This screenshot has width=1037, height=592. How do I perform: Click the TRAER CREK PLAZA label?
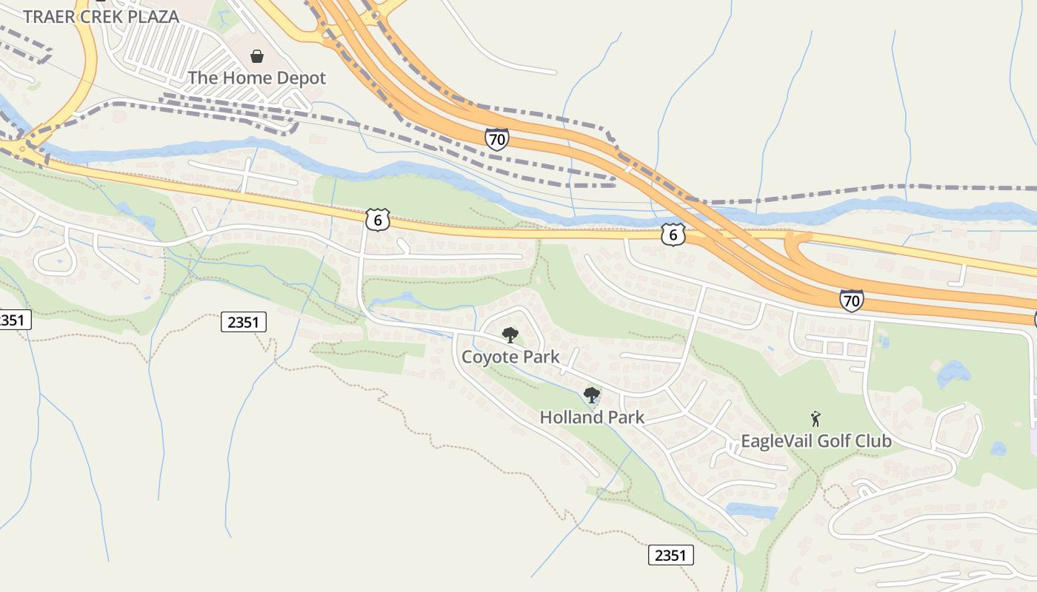[101, 16]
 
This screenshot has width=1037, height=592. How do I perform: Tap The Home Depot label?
[256, 78]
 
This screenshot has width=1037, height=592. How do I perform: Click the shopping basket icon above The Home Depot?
[257, 56]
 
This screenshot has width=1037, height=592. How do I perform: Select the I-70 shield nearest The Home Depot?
[497, 138]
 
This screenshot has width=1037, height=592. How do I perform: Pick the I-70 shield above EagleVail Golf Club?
[852, 300]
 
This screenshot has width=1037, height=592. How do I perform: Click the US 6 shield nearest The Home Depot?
[377, 219]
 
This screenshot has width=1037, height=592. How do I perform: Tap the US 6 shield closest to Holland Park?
[673, 235]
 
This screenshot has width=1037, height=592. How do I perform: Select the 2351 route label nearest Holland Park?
[671, 555]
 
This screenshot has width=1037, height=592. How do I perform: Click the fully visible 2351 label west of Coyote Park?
[243, 322]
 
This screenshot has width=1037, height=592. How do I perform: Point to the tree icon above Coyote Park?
[510, 335]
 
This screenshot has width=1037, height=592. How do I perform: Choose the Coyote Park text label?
[510, 357]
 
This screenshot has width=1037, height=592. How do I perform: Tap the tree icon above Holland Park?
[591, 395]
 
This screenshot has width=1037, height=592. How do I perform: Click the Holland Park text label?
[592, 417]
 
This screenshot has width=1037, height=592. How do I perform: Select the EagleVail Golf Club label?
[816, 441]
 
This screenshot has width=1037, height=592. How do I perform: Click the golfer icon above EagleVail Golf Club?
[816, 419]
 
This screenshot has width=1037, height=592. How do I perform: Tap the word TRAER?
[47, 16]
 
